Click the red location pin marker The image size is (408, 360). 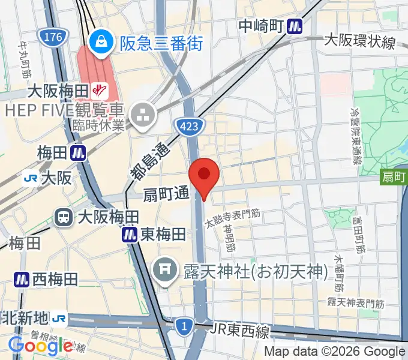click(x=204, y=175)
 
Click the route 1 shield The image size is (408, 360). click(x=184, y=326)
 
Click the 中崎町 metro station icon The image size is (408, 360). click(x=294, y=26)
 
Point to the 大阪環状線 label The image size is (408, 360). click(x=359, y=41)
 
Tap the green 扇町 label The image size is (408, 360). click(x=394, y=176)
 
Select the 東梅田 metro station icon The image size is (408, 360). click(x=130, y=235)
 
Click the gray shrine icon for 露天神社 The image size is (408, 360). click(x=165, y=266)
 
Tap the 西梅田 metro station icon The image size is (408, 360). click(x=22, y=279)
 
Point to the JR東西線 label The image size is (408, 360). click(x=241, y=330)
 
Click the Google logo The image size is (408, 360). click(x=41, y=345)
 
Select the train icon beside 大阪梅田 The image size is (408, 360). click(x=63, y=217)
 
